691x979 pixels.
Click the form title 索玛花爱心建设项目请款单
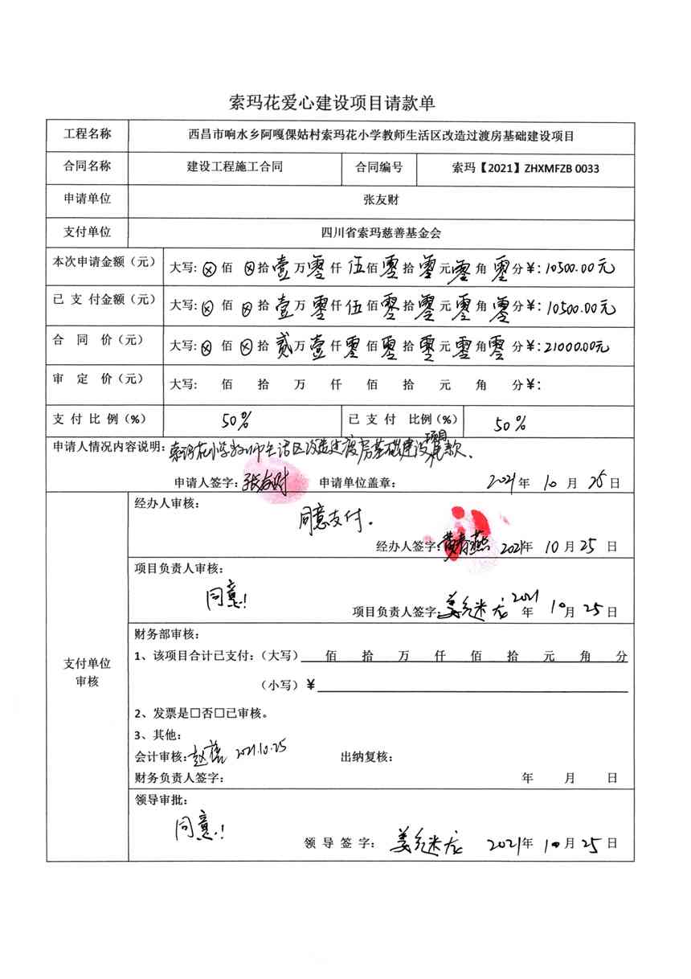click(332, 102)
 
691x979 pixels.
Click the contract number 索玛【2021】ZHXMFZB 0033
click(526, 168)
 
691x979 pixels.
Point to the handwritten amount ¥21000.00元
click(576, 346)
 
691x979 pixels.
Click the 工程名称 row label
click(88, 133)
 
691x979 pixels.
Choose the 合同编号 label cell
click(378, 168)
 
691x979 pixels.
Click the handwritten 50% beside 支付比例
click(235, 419)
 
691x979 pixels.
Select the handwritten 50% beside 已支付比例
click(510, 424)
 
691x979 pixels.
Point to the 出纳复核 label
click(366, 757)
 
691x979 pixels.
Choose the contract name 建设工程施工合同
click(235, 168)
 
